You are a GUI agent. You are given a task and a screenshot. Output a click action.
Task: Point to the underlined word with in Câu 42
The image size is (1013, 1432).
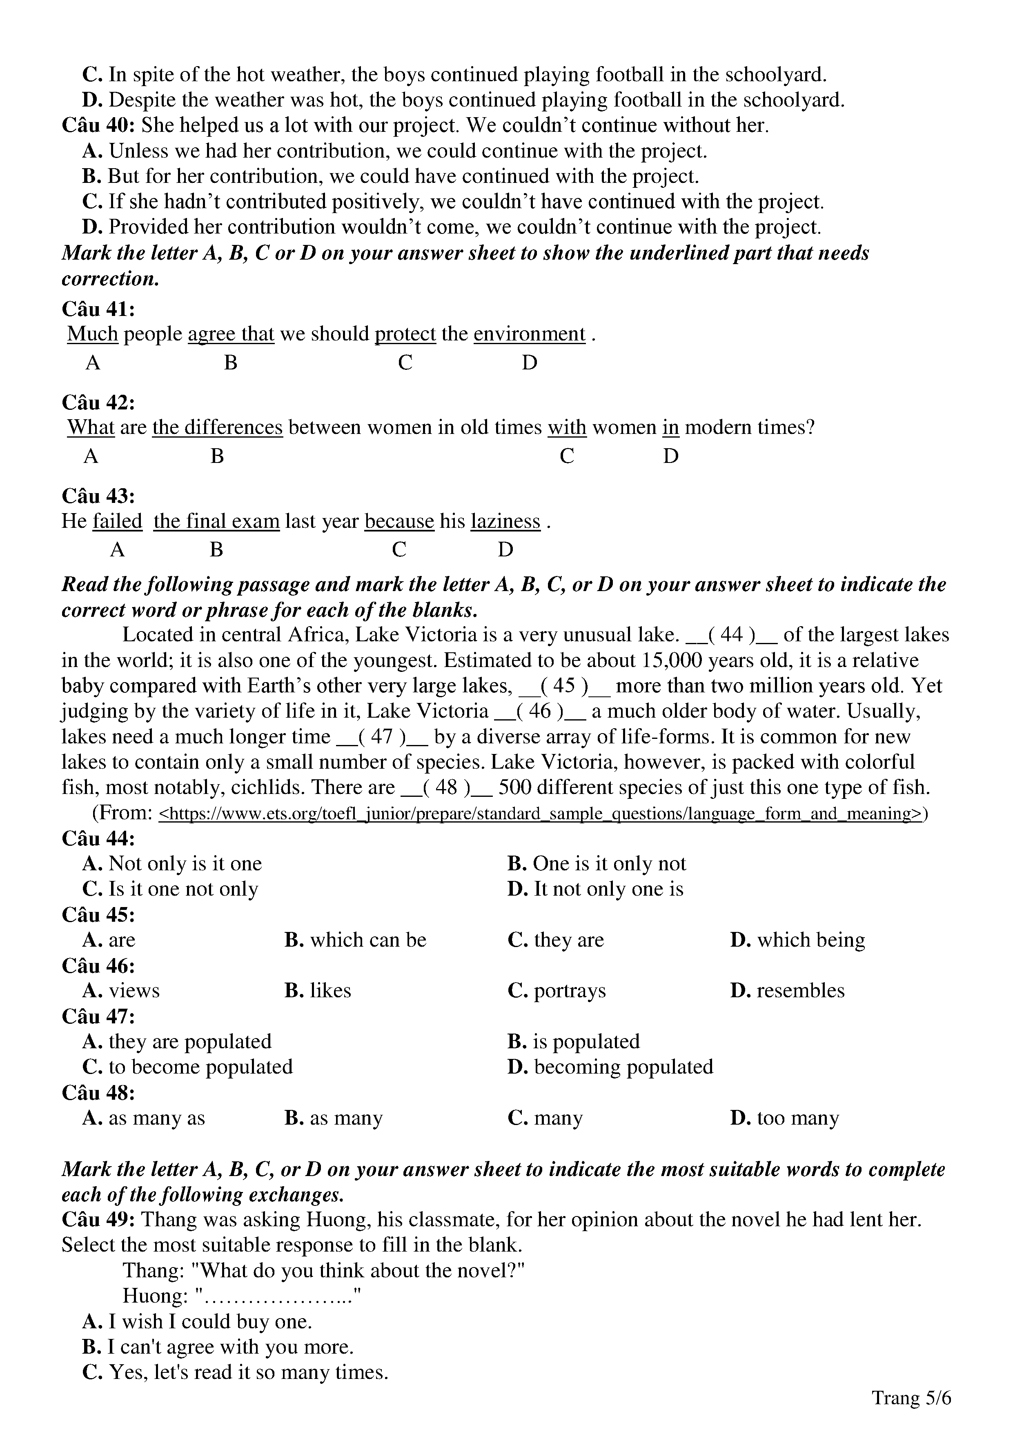tap(566, 427)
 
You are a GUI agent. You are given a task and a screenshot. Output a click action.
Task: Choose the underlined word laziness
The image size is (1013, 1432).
tap(505, 521)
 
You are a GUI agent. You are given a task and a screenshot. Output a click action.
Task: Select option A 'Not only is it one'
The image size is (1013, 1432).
tap(172, 864)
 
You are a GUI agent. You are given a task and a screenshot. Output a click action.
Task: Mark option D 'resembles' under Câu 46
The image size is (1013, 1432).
tap(787, 990)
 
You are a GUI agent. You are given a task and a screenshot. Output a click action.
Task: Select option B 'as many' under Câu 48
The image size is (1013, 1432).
tap(334, 1118)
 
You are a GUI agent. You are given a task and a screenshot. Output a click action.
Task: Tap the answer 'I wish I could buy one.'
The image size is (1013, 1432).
tap(197, 1322)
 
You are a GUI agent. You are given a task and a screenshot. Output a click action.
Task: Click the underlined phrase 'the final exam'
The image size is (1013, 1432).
tap(216, 521)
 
